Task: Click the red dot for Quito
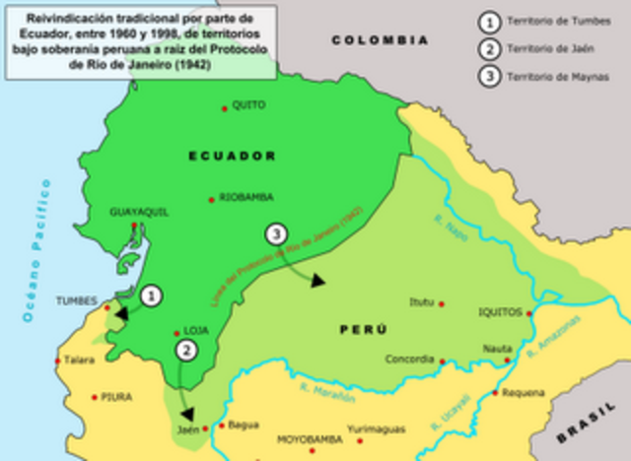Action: pyautogui.click(x=225, y=106)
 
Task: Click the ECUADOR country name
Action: pyautogui.click(x=233, y=156)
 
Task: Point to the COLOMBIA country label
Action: pyautogui.click(x=380, y=40)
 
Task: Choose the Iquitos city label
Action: pyautogui.click(x=499, y=311)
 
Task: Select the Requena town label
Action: pyautogui.click(x=523, y=392)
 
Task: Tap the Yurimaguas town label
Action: pyautogui.click(x=383, y=429)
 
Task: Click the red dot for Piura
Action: pyautogui.click(x=95, y=397)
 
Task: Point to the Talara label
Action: pyautogui.click(x=80, y=361)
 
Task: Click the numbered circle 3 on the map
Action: pyautogui.click(x=277, y=233)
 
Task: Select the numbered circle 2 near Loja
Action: pyautogui.click(x=185, y=349)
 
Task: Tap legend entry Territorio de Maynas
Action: pyautogui.click(x=557, y=76)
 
